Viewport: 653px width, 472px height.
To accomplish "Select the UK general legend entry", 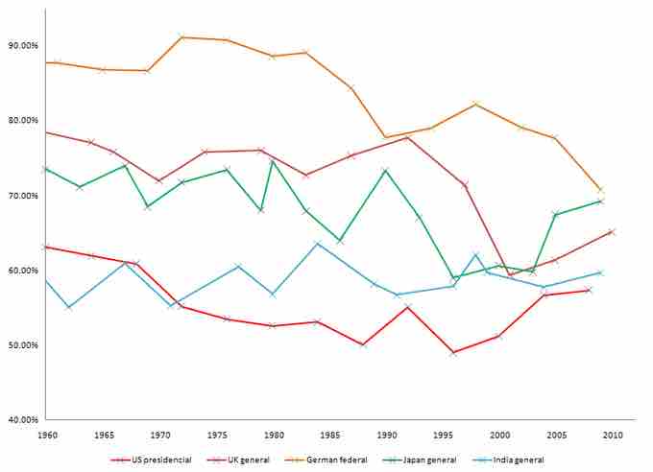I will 248,459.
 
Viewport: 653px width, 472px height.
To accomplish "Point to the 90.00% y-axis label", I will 22,45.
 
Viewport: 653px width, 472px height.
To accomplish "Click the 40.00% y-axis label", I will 22,419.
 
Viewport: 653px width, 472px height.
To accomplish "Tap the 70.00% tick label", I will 22,195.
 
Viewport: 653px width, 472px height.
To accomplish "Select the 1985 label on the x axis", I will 329,435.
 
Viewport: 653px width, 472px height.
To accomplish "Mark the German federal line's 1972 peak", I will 181,37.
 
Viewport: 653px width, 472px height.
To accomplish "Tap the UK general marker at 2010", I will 612,231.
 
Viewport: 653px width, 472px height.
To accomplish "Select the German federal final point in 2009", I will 600,190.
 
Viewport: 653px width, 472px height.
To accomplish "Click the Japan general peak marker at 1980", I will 272,161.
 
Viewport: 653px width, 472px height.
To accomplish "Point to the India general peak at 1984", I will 318,244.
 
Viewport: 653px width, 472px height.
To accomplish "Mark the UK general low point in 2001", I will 509,275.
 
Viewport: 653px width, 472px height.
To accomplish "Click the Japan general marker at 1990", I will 385,171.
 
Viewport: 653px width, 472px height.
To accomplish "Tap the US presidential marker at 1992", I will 407,307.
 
